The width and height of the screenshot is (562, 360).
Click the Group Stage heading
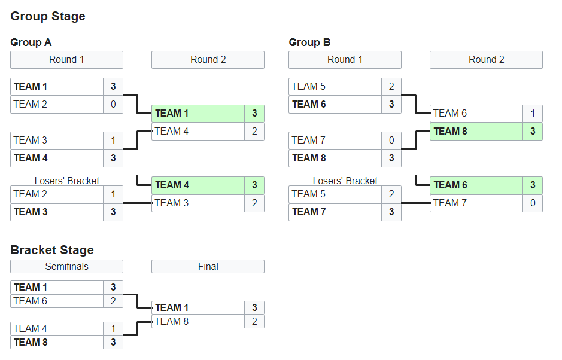click(x=48, y=17)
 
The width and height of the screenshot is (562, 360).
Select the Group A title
click(x=31, y=42)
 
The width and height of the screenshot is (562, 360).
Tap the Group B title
click(x=309, y=42)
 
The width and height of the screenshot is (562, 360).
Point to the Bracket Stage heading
click(x=52, y=250)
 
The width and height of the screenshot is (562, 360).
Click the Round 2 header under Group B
click(x=486, y=60)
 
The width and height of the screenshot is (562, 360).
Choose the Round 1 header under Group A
click(x=66, y=60)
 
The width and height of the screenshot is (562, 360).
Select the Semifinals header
click(x=66, y=267)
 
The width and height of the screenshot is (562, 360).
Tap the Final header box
click(x=208, y=267)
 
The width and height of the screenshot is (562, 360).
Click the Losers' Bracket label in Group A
click(x=66, y=181)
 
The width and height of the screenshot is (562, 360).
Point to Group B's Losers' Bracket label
click(x=345, y=181)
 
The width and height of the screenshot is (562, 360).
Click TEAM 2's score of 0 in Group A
click(x=113, y=105)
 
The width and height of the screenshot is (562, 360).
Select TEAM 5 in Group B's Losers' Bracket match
click(x=335, y=194)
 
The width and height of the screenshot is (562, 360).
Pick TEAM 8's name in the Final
click(x=198, y=322)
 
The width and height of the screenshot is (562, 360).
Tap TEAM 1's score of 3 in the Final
click(x=254, y=308)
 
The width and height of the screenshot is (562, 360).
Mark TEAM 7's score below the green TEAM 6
click(x=533, y=203)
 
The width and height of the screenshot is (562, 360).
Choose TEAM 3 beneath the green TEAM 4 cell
click(x=198, y=203)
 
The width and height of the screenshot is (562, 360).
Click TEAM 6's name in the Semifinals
click(x=57, y=301)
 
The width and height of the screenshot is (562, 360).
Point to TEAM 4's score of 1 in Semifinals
click(x=113, y=329)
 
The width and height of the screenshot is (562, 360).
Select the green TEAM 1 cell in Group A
click(x=198, y=114)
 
